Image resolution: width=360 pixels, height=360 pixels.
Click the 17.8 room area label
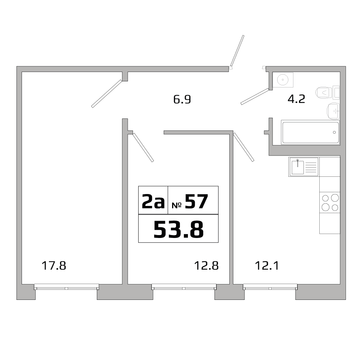point(54,266)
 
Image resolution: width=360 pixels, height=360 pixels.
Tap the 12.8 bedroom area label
point(207,266)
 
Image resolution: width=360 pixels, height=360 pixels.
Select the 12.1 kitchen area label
point(267,266)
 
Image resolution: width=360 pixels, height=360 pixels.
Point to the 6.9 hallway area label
point(182,99)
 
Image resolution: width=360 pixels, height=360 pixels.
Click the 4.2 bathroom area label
point(296,99)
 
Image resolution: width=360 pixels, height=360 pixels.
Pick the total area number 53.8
point(178,229)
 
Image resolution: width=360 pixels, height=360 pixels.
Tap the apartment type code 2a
point(153,202)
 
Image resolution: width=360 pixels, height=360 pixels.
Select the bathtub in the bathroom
point(310,132)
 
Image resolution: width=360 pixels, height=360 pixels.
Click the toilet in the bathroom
point(325,93)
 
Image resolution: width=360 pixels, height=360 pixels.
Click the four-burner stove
point(330,202)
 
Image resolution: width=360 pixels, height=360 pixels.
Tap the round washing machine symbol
point(283,79)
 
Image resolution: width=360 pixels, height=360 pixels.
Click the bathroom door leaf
point(255,96)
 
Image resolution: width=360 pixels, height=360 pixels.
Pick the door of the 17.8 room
point(107,94)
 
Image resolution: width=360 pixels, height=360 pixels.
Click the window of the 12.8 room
point(184,287)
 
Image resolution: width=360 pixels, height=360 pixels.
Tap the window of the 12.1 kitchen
point(270,287)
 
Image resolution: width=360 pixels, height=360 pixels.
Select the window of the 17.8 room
point(67,287)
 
